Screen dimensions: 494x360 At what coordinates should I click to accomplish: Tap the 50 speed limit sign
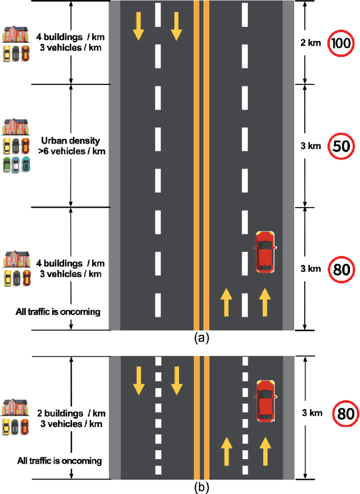tap(340, 146)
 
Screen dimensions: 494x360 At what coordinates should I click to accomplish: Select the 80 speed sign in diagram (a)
tap(340, 268)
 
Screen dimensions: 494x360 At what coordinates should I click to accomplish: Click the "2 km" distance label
tap(310, 42)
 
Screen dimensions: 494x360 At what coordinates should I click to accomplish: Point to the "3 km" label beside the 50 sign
tap(310, 146)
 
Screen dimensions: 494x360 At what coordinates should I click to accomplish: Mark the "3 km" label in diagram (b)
tap(311, 414)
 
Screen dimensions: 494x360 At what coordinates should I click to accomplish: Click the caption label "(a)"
tap(201, 338)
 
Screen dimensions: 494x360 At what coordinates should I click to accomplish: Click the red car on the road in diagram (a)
tap(265, 252)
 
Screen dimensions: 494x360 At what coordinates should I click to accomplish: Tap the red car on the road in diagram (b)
tap(265, 400)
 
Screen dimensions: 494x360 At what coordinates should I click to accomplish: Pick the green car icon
tap(7, 165)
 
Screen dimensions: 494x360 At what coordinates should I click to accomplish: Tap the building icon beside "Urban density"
tap(16, 127)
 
